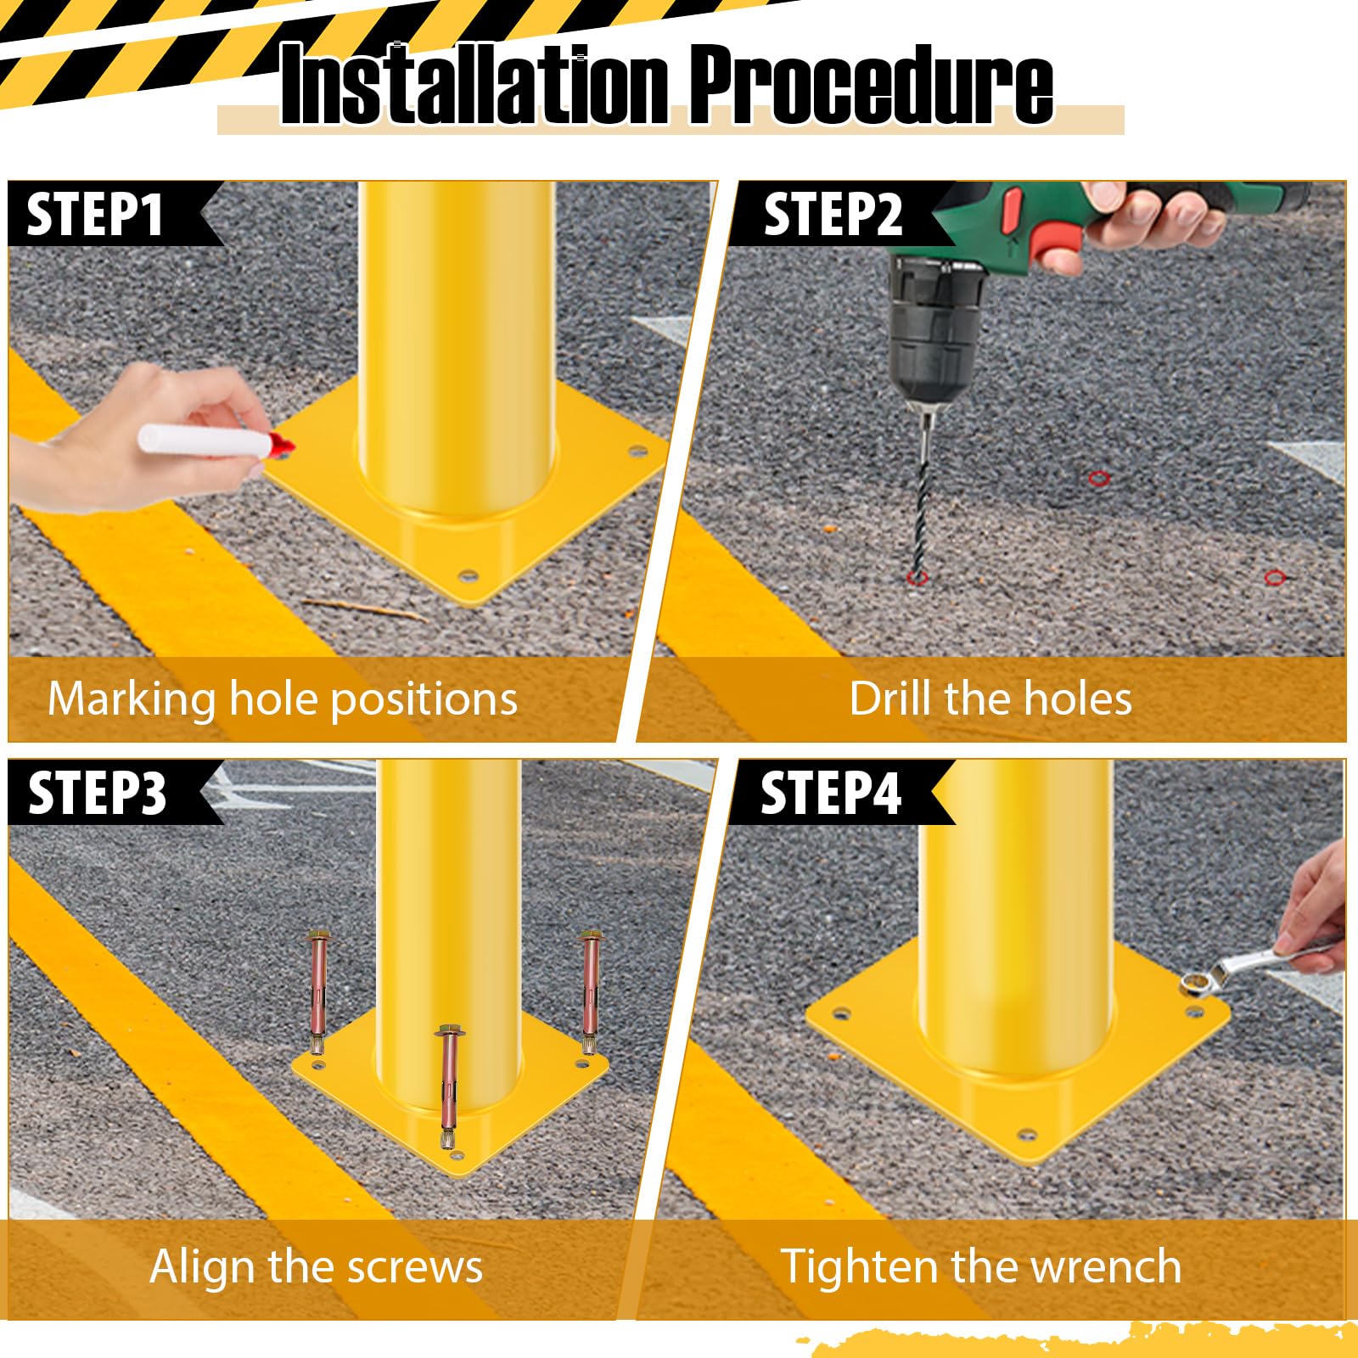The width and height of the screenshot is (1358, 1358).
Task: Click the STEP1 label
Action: tap(95, 215)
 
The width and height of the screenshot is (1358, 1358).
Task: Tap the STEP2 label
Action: tap(833, 215)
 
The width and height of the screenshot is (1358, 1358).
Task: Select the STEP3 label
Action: tap(97, 794)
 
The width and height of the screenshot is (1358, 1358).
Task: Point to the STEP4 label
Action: tap(830, 794)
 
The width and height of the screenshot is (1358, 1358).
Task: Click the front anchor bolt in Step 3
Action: tap(447, 1086)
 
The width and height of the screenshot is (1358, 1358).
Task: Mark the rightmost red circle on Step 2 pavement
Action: tap(1274, 578)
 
